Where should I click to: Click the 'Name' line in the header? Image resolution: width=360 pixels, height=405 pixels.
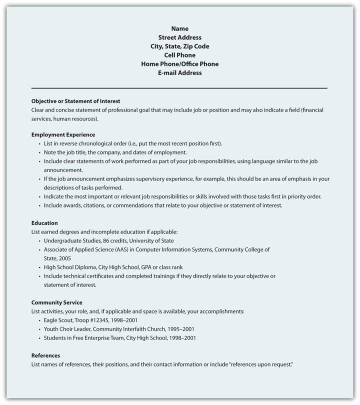pyautogui.click(x=179, y=28)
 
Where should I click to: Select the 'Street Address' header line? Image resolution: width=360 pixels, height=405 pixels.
pyautogui.click(x=179, y=37)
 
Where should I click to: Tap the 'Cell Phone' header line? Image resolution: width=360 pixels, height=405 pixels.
pyautogui.click(x=179, y=55)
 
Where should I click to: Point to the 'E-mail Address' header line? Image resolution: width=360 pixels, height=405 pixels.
pyautogui.click(x=179, y=72)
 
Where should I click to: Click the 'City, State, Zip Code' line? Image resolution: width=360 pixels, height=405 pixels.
pyautogui.click(x=179, y=46)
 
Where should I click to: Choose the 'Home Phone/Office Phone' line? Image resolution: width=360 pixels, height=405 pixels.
pyautogui.click(x=179, y=64)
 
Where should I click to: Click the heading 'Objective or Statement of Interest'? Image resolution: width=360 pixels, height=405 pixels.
pyautogui.click(x=75, y=100)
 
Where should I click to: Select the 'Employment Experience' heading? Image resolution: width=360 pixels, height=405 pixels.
pyautogui.click(x=63, y=134)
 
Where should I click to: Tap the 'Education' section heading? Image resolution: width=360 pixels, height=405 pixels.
pyautogui.click(x=44, y=223)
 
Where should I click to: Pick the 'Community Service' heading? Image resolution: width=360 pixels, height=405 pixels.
pyautogui.click(x=57, y=302)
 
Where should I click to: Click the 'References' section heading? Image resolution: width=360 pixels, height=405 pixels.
pyautogui.click(x=45, y=355)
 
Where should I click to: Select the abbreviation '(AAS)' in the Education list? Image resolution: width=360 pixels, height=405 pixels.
pyautogui.click(x=128, y=249)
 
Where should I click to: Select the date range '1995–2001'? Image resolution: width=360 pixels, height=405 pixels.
pyautogui.click(x=180, y=329)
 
